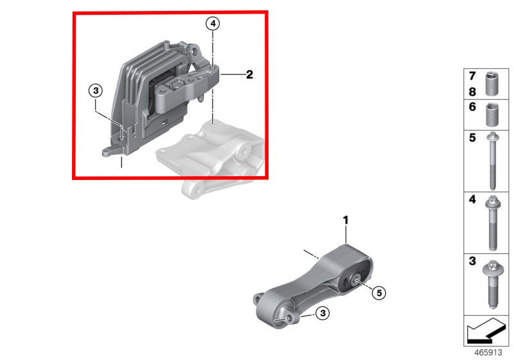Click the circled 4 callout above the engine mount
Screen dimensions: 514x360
click(x=213, y=24)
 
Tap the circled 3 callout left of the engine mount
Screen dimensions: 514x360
click(x=96, y=90)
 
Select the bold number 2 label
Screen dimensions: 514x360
click(x=249, y=75)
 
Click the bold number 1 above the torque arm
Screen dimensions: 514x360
click(x=346, y=221)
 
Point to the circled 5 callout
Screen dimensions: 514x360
click(x=379, y=292)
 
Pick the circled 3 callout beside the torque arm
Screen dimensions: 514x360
click(x=323, y=313)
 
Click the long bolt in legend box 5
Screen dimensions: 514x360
click(x=492, y=161)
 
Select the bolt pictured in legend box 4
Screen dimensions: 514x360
click(x=493, y=222)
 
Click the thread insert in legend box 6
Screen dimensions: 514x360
click(x=492, y=114)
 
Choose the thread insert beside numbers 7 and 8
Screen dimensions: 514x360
click(x=492, y=84)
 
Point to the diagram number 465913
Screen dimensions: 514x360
click(x=488, y=352)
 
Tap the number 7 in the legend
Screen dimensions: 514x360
click(x=472, y=76)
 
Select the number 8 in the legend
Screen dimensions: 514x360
click(x=472, y=92)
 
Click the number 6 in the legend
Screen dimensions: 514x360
click(x=472, y=107)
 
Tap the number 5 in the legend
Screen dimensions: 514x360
click(x=472, y=138)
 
